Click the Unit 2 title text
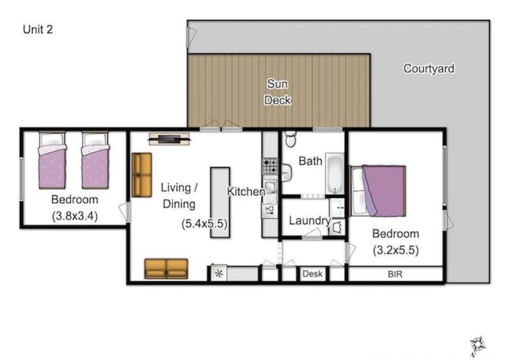click(x=38, y=30)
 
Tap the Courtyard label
click(x=429, y=68)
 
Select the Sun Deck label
click(x=278, y=92)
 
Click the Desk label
click(x=312, y=274)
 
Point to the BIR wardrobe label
click(x=395, y=274)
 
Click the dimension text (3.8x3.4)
click(x=75, y=216)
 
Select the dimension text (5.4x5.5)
click(x=204, y=224)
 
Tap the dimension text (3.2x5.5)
click(x=396, y=250)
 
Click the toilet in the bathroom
click(x=290, y=138)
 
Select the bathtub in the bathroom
click(x=335, y=174)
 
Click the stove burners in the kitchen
click(x=270, y=166)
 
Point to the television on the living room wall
click(x=169, y=139)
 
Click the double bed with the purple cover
click(x=378, y=191)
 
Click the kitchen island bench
click(x=220, y=202)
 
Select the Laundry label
click(x=310, y=221)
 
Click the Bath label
click(x=310, y=161)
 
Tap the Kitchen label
click(x=246, y=192)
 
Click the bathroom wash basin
click(x=286, y=173)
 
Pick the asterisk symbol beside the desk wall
click(x=219, y=274)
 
